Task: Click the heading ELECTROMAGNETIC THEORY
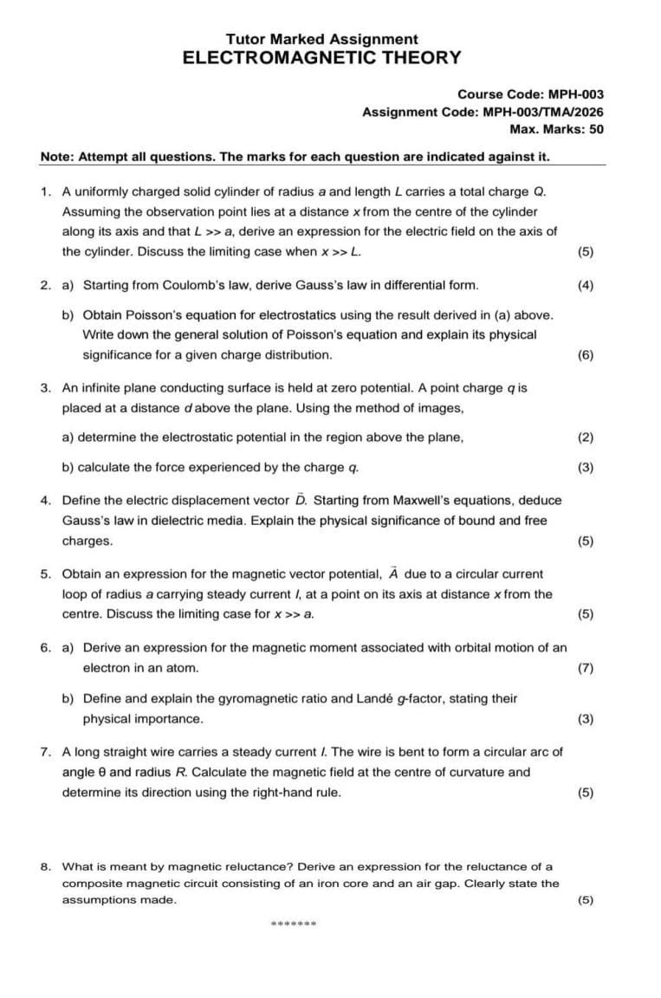(321, 58)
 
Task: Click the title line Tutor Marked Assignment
(321, 39)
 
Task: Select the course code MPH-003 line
(530, 94)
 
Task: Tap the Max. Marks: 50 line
(556, 129)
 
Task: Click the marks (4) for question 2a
(586, 285)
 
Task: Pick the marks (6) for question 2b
(586, 355)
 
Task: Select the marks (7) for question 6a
(586, 668)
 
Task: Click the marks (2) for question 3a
(586, 437)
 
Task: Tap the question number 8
(44, 865)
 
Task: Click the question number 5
(44, 574)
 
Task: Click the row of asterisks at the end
(294, 923)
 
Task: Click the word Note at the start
(55, 157)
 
